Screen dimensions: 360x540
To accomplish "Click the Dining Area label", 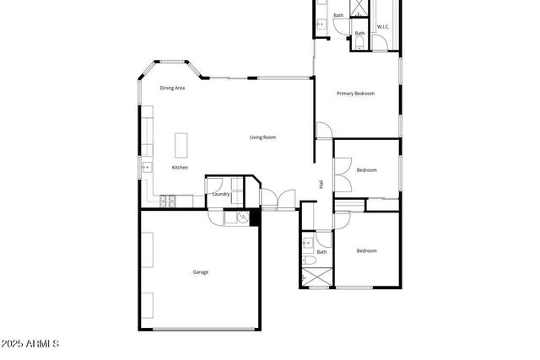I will coord(172,88).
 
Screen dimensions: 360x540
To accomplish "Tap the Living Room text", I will coord(262,137).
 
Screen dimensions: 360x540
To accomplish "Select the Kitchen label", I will coord(180,168).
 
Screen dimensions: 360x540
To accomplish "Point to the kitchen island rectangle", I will coord(181,145).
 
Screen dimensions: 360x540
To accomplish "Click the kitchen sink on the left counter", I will coord(145,167).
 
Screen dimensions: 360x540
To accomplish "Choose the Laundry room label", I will coord(221,194).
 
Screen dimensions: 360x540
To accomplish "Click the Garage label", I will coord(201,271).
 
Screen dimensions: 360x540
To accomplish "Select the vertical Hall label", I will coord(321,185).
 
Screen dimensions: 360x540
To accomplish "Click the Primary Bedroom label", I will coord(355,94).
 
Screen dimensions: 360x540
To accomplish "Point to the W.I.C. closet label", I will coord(382,27).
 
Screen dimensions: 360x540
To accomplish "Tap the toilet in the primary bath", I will coord(358,42).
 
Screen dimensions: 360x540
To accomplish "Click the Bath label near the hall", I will coord(321,251).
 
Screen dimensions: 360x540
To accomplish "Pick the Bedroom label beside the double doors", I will coord(366,170).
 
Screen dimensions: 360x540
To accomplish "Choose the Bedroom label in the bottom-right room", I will coord(366,250).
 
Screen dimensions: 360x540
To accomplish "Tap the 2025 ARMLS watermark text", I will coord(30,344).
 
